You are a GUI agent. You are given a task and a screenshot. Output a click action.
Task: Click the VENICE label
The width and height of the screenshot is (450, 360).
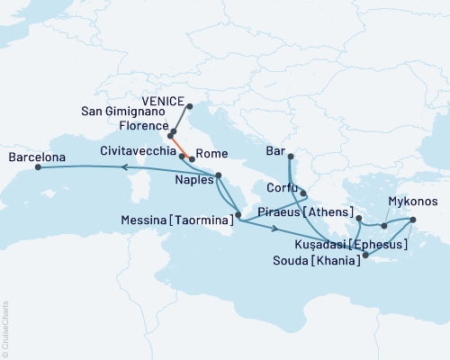[163, 101]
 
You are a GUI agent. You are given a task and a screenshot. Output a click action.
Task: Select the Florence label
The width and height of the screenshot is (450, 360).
[138, 127]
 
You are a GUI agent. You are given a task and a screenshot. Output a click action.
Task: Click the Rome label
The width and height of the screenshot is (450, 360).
[211, 154]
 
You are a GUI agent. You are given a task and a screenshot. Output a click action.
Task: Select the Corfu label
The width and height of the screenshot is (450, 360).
[282, 189]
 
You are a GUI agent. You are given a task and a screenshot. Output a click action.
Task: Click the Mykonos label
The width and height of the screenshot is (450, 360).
[413, 202]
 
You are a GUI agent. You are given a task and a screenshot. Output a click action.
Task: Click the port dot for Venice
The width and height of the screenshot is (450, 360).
[190, 105]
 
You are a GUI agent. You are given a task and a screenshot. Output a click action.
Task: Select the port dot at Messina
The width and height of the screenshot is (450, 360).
[238, 215]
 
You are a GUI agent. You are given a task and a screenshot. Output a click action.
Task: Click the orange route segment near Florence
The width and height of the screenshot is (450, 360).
[182, 146]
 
